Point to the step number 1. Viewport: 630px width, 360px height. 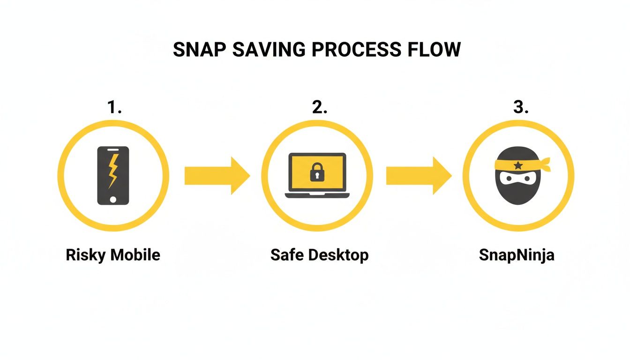114,107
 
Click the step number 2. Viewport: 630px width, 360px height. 319,107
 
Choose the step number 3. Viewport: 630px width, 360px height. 520,107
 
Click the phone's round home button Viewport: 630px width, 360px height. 113,199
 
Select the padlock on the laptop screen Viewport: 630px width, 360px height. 317,172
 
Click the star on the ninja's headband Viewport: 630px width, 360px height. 518,165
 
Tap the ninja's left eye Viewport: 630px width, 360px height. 507,179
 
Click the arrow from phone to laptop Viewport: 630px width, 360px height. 217,176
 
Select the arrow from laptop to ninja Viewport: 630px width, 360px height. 418,176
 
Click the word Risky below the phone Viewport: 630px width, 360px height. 86,255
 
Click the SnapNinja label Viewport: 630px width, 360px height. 517,255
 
